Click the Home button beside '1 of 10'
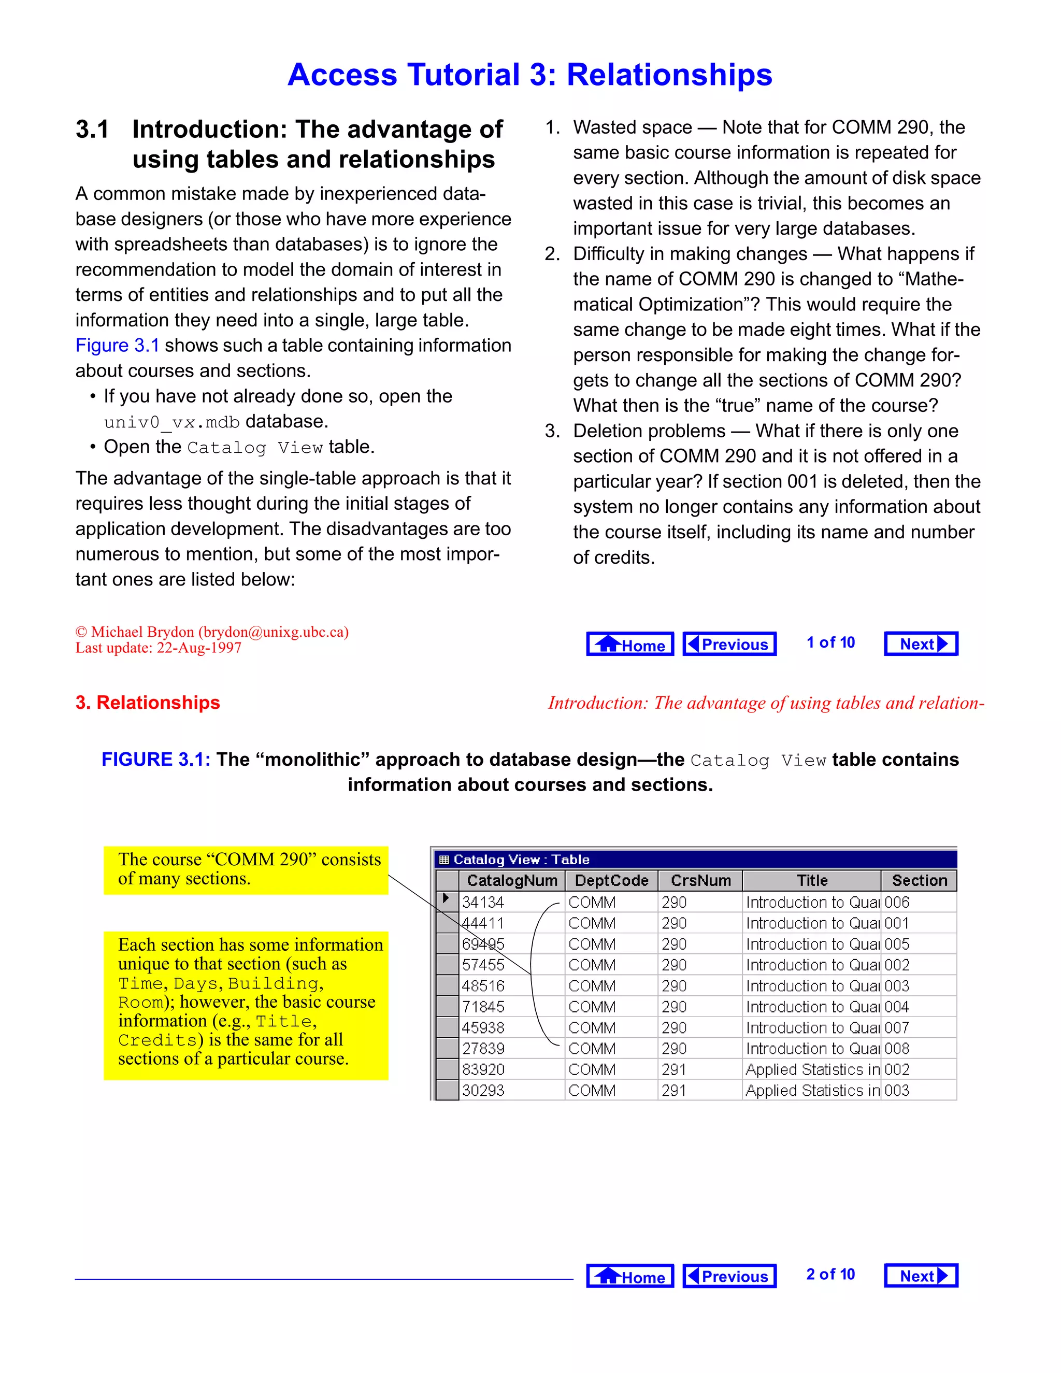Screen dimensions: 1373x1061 [630, 643]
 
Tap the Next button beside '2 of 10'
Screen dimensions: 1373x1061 [921, 1276]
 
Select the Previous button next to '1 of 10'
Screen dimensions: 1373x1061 [729, 643]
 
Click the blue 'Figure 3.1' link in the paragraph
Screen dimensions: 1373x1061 [118, 345]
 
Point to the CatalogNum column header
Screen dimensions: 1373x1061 [512, 880]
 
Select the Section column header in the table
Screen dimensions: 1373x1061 [919, 880]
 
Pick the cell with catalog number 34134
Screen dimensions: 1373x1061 [483, 902]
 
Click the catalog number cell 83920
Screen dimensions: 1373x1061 [483, 1069]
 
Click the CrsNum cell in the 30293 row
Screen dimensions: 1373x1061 [674, 1090]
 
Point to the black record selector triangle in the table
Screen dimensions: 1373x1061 [446, 898]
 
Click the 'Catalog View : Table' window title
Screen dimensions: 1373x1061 [521, 860]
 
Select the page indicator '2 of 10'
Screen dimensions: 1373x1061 [830, 1275]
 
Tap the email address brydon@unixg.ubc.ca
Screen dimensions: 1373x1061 [274, 632]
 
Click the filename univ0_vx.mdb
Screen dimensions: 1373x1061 [171, 422]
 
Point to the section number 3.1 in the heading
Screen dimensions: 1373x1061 [92, 130]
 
